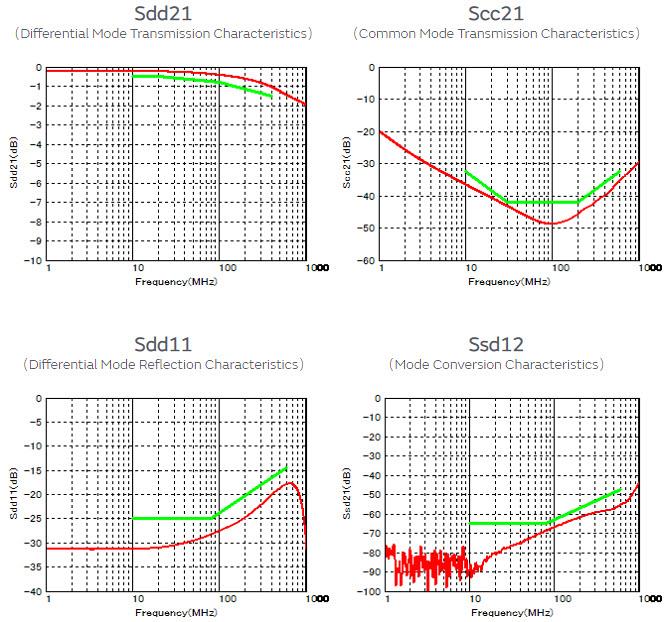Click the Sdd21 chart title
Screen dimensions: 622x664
[164, 14]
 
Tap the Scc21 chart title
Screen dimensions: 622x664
[496, 14]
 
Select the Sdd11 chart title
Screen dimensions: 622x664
[164, 345]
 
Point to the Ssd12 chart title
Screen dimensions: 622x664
[496, 345]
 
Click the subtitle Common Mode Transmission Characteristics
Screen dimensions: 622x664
[496, 34]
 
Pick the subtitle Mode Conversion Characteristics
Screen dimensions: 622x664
[496, 365]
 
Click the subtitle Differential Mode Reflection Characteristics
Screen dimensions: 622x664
[164, 365]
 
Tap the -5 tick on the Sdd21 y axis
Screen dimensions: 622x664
[36, 164]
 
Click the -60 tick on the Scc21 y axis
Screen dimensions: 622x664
[366, 261]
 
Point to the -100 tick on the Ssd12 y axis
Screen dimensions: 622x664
[363, 592]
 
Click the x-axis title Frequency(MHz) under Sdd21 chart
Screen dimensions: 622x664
[176, 281]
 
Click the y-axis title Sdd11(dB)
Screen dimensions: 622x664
[15, 495]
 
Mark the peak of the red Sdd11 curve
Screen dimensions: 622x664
[290, 483]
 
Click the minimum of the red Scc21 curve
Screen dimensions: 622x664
[551, 223]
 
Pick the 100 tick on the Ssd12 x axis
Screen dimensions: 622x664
[553, 600]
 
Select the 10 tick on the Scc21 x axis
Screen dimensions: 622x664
[467, 269]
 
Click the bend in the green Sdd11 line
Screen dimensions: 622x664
[215, 517]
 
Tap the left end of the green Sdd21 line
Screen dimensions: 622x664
[134, 76]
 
